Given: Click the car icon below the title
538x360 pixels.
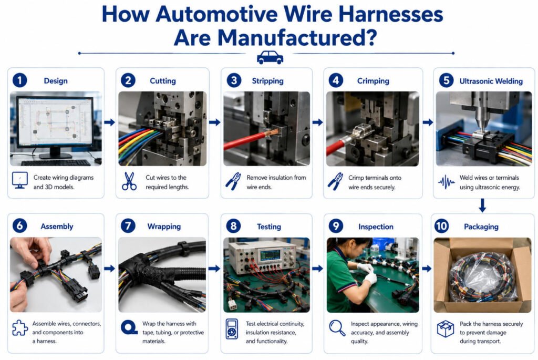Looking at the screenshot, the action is pos(270,57).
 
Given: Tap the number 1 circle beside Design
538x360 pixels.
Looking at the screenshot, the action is pos(20,80).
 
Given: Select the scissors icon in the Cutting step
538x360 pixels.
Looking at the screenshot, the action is pos(129,181).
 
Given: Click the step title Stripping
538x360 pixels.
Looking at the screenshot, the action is pos(267,81).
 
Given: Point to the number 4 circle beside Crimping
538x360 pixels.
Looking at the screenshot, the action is pos(336,80).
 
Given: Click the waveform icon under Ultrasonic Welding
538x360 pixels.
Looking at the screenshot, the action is pos(447,182).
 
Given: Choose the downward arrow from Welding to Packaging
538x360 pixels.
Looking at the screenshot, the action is pos(482,205).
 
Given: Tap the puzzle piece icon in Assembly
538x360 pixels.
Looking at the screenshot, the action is pos(20,328).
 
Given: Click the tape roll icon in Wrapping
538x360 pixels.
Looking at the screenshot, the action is pos(129,327).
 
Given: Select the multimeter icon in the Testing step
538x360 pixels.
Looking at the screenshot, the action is pos(232,329).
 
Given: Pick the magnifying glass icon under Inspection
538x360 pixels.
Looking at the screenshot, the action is pos(337,328).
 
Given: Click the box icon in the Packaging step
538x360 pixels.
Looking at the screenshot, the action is pos(446,329).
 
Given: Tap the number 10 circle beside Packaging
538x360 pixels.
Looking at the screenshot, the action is pos(441,226).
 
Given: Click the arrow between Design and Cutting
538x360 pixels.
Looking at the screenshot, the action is pos(109,122).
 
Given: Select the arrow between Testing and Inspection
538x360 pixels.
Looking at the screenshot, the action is pos(317,269).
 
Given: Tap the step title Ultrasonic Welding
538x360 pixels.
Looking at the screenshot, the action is pos(491,81).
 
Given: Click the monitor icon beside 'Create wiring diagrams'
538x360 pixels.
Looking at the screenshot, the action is pos(20,180).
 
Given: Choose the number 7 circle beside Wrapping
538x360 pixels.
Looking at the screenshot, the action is pos(128,226).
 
